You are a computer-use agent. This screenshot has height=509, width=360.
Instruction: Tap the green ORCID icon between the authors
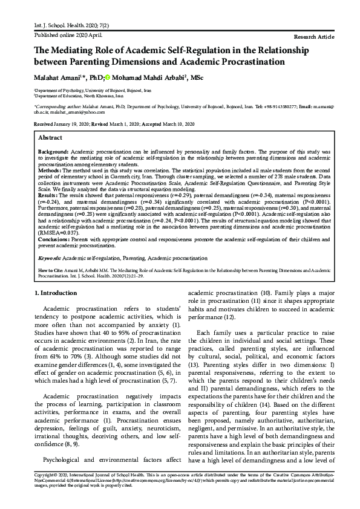click(x=108, y=77)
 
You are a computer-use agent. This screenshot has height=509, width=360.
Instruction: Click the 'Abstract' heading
click(x=51, y=138)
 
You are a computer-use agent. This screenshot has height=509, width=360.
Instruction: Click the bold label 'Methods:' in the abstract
click(x=50, y=171)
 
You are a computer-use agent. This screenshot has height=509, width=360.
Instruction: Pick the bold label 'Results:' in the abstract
click(x=49, y=196)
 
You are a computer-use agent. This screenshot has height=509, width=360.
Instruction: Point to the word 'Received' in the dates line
click(x=44, y=123)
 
